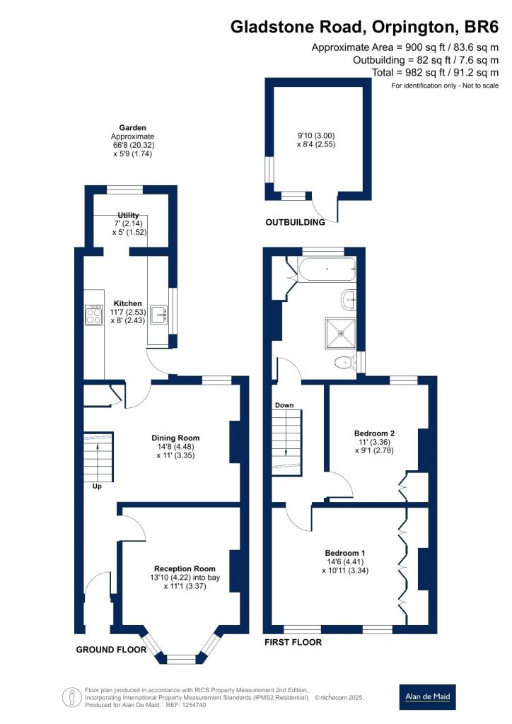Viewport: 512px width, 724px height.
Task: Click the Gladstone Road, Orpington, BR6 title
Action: pyautogui.click(x=364, y=27)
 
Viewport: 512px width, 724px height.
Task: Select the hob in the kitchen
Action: pyautogui.click(x=93, y=315)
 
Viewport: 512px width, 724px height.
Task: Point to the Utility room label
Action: pyautogui.click(x=129, y=215)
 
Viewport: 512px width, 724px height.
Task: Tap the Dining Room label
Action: pyautogui.click(x=175, y=437)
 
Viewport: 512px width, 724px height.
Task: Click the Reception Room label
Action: pyautogui.click(x=185, y=568)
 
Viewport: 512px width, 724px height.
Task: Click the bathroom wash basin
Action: pyautogui.click(x=349, y=300)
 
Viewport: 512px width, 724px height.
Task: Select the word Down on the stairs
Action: pyautogui.click(x=284, y=405)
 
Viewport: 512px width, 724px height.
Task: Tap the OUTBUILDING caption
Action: pyautogui.click(x=295, y=222)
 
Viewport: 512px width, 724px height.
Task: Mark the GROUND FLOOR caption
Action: pyautogui.click(x=110, y=649)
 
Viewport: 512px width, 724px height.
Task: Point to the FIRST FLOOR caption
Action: pyautogui.click(x=293, y=643)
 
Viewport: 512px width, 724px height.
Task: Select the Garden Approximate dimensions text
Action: pyautogui.click(x=132, y=141)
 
